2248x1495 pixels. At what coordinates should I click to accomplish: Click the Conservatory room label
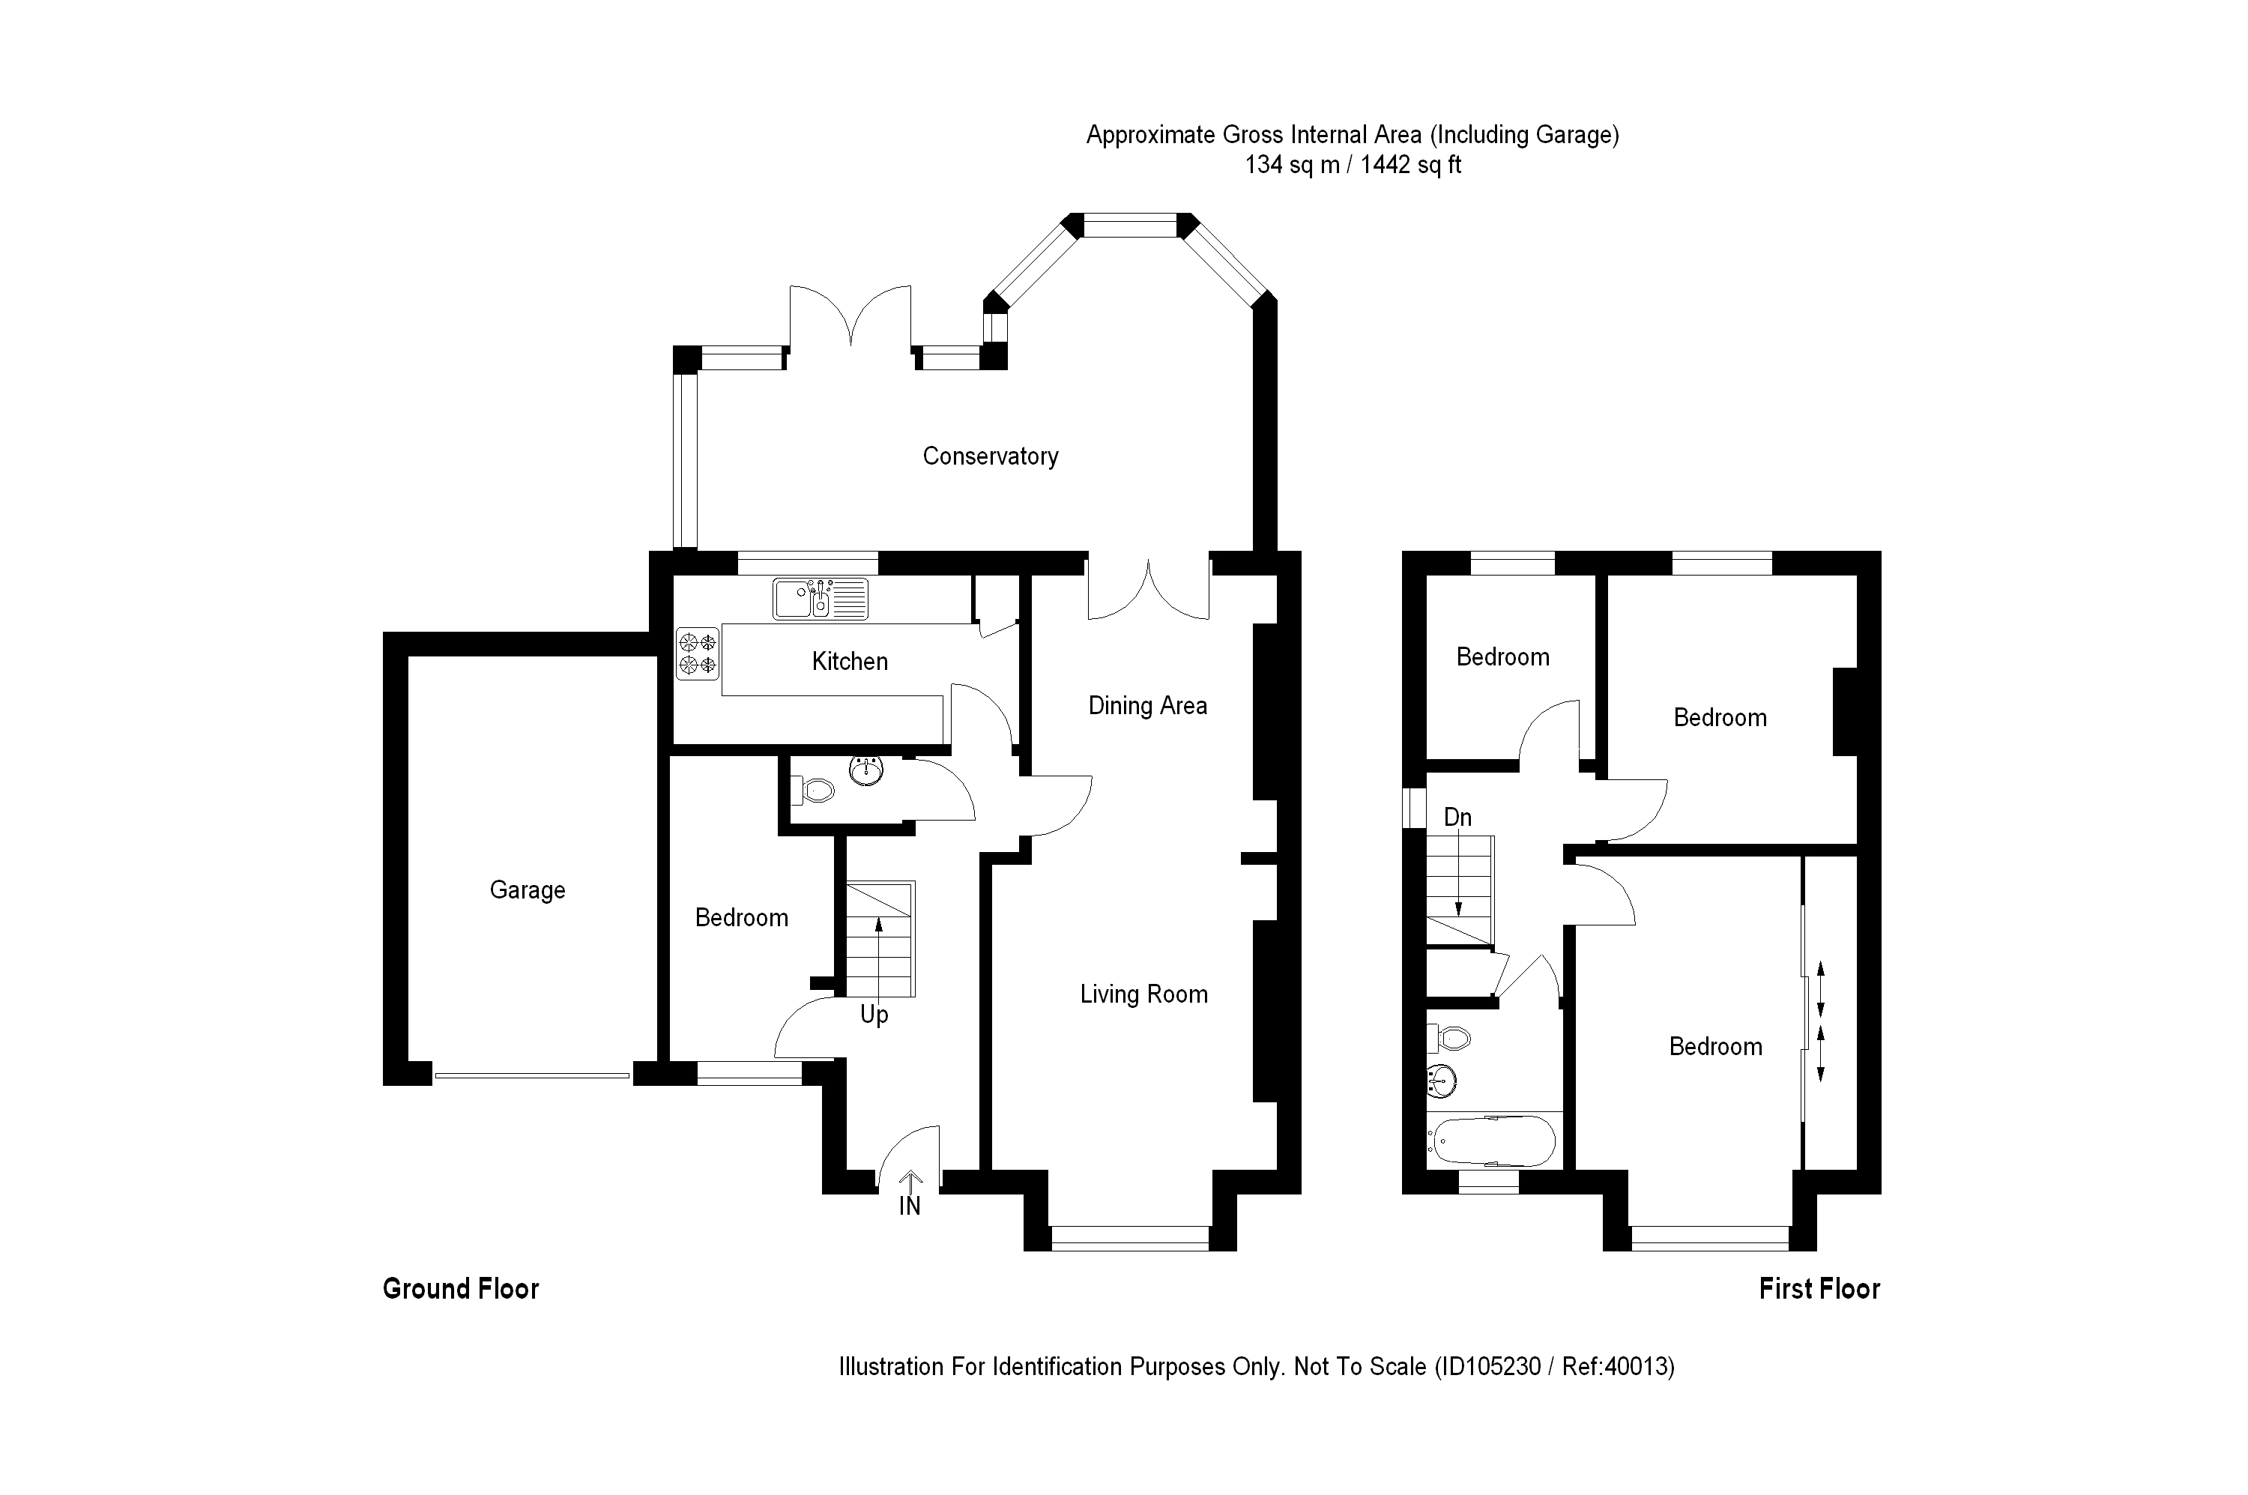click(990, 456)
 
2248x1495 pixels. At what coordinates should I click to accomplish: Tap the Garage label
click(528, 890)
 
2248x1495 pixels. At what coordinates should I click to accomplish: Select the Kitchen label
click(850, 661)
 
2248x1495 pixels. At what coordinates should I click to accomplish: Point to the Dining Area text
click(1147, 706)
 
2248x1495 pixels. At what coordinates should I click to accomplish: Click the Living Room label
click(1143, 994)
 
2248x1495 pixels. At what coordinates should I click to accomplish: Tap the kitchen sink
click(819, 599)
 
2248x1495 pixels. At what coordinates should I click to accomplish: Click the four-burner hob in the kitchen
click(697, 653)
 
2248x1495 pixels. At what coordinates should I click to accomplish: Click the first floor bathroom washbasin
click(1442, 1081)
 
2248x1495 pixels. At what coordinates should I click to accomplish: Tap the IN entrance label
click(910, 1206)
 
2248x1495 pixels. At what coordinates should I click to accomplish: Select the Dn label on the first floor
click(1457, 817)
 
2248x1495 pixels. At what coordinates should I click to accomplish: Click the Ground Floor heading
click(461, 1289)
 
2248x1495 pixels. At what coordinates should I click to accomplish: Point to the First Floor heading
click(1819, 1289)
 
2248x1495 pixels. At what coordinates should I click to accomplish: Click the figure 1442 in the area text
click(1384, 165)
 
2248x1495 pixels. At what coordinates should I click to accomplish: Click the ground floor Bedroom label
click(741, 917)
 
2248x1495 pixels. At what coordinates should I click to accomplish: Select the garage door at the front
click(532, 1075)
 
